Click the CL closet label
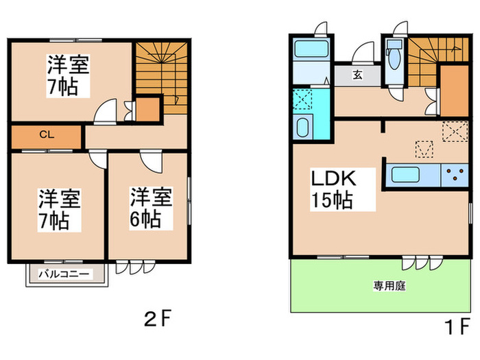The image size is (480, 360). pos(43,135)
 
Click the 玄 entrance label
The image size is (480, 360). pos(358,75)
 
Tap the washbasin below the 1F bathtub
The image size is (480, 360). pos(302,128)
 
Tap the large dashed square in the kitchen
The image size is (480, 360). pos(453,130)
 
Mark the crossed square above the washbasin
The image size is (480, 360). pos(302,100)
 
